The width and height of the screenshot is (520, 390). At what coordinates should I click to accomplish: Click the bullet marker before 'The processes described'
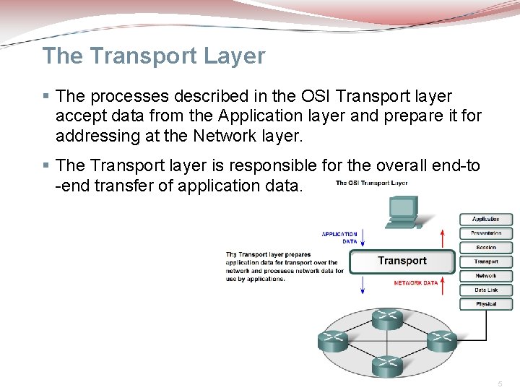[x=46, y=96]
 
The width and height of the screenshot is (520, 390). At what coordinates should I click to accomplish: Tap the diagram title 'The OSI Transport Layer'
[x=372, y=183]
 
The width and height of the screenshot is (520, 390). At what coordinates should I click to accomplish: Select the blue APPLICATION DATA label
[x=339, y=238]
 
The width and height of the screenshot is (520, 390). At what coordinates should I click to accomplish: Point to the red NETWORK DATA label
[x=416, y=283]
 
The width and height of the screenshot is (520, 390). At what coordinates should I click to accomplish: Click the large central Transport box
[x=402, y=261]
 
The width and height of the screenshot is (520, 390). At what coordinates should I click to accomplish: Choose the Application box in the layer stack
[x=486, y=219]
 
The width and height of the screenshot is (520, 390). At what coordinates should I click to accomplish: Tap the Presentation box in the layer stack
[x=486, y=233]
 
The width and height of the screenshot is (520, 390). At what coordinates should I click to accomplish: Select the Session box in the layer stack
[x=486, y=248]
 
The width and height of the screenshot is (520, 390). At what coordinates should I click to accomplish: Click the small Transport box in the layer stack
[x=486, y=261]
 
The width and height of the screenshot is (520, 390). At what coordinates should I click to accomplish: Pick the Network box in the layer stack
[x=486, y=276]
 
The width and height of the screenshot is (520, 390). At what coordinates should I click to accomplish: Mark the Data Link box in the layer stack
[x=486, y=290]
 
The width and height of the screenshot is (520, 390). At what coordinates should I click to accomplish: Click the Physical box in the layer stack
[x=486, y=304]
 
